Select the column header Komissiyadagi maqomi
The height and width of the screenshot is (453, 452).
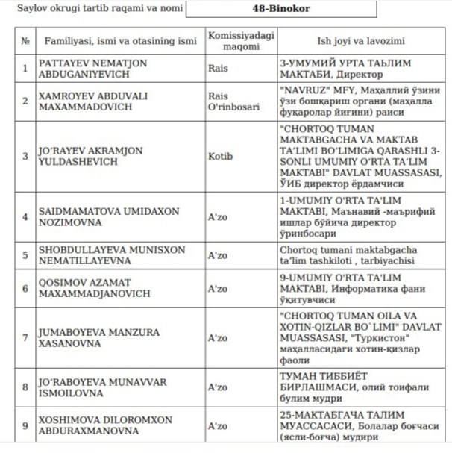tap(237, 40)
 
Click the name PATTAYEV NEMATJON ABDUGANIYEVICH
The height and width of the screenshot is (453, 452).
tap(89, 69)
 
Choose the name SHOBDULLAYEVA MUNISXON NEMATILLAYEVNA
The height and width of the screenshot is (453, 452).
tap(104, 255)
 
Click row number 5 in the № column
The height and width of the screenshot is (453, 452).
tap(25, 255)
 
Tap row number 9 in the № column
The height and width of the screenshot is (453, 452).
tap(25, 426)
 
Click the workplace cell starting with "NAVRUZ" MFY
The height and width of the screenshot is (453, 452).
tap(360, 101)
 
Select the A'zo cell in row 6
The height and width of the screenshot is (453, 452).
tap(218, 288)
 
